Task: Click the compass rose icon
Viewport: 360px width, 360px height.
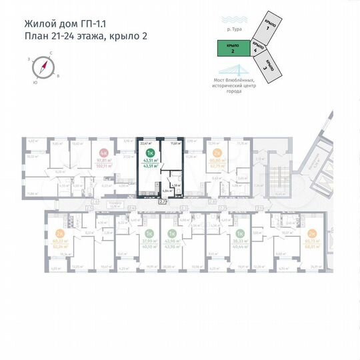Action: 44,67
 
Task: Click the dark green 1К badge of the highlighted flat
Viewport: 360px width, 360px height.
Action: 150,153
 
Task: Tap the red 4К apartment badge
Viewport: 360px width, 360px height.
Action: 103,153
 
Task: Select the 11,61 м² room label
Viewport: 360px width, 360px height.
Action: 175,142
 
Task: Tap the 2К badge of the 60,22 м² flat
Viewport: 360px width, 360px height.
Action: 60,233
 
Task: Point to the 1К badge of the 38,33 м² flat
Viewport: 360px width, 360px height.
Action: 239,233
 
